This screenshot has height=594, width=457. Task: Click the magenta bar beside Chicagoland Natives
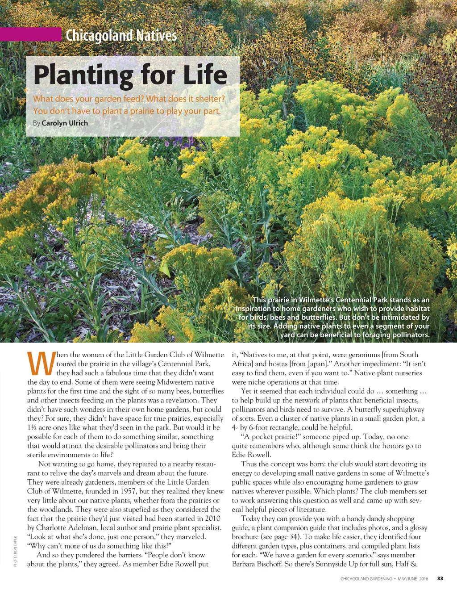(x=30, y=34)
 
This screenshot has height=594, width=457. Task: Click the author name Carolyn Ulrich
(x=65, y=123)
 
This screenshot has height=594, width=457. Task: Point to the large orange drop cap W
(x=41, y=364)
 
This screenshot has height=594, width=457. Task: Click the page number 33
(x=440, y=579)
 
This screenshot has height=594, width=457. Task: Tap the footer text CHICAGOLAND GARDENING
(x=366, y=579)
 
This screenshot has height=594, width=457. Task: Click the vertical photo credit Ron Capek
(x=15, y=551)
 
